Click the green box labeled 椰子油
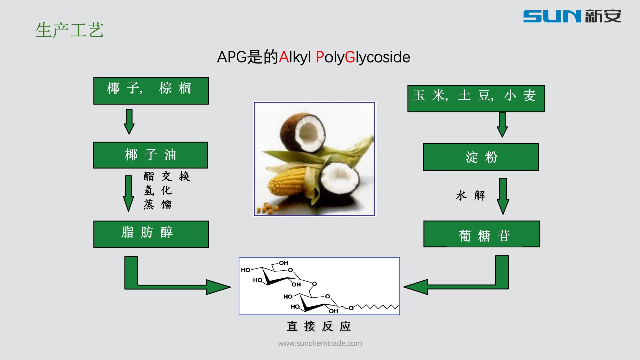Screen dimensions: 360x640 pyautogui.click(x=150, y=155)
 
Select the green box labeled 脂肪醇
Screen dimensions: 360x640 pyautogui.click(x=151, y=234)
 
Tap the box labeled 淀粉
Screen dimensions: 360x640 pyautogui.click(x=481, y=157)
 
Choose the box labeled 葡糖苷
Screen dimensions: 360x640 pyautogui.click(x=481, y=234)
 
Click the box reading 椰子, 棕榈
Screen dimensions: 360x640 pyautogui.click(x=151, y=91)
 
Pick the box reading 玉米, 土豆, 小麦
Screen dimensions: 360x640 pyautogui.click(x=476, y=98)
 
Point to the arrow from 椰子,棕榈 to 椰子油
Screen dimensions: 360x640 pyautogui.click(x=129, y=122)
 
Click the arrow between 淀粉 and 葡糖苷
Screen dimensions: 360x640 pyautogui.click(x=503, y=196)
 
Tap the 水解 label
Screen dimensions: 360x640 pyautogui.click(x=470, y=196)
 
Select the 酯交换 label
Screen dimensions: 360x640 pyautogui.click(x=166, y=176)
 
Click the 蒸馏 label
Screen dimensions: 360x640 pyautogui.click(x=158, y=204)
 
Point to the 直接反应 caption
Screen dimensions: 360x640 pyautogui.click(x=319, y=326)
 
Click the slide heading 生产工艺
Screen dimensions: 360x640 pyautogui.click(x=69, y=30)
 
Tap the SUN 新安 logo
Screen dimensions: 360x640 pyautogui.click(x=572, y=16)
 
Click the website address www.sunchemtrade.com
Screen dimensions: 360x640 pyautogui.click(x=320, y=343)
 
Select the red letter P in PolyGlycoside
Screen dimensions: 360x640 pyautogui.click(x=320, y=57)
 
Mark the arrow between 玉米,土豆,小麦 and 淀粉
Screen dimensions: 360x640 pyautogui.click(x=502, y=124)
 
